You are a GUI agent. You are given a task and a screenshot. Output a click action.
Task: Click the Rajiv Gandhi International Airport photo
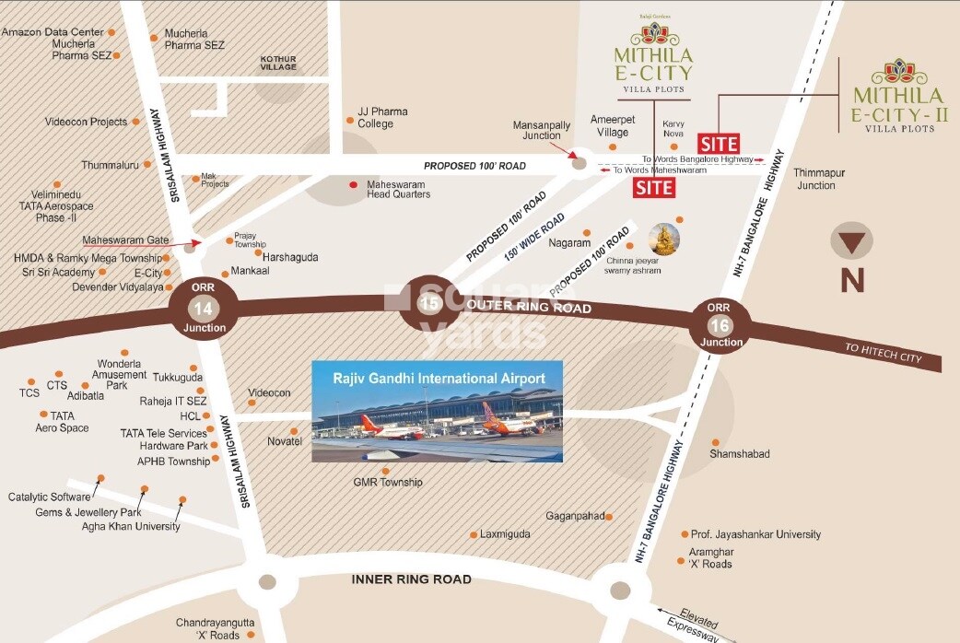click(x=437, y=411)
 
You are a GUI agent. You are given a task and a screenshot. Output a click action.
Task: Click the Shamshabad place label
click(x=740, y=454)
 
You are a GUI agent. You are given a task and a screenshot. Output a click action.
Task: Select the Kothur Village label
click(x=278, y=62)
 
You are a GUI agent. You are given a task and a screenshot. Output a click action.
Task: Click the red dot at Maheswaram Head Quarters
click(x=353, y=184)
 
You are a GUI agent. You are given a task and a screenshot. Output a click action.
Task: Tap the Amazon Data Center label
click(x=53, y=32)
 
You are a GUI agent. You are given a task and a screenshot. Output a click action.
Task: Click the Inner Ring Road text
click(x=412, y=579)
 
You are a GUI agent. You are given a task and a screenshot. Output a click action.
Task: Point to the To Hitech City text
click(x=882, y=351)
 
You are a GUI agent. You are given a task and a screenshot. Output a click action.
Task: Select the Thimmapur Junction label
click(x=815, y=179)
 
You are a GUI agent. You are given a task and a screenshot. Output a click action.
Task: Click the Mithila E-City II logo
click(x=898, y=97)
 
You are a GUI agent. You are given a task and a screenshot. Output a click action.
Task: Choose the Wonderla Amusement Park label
click(x=121, y=374)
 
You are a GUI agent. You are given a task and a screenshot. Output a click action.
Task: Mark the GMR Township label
click(x=388, y=482)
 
